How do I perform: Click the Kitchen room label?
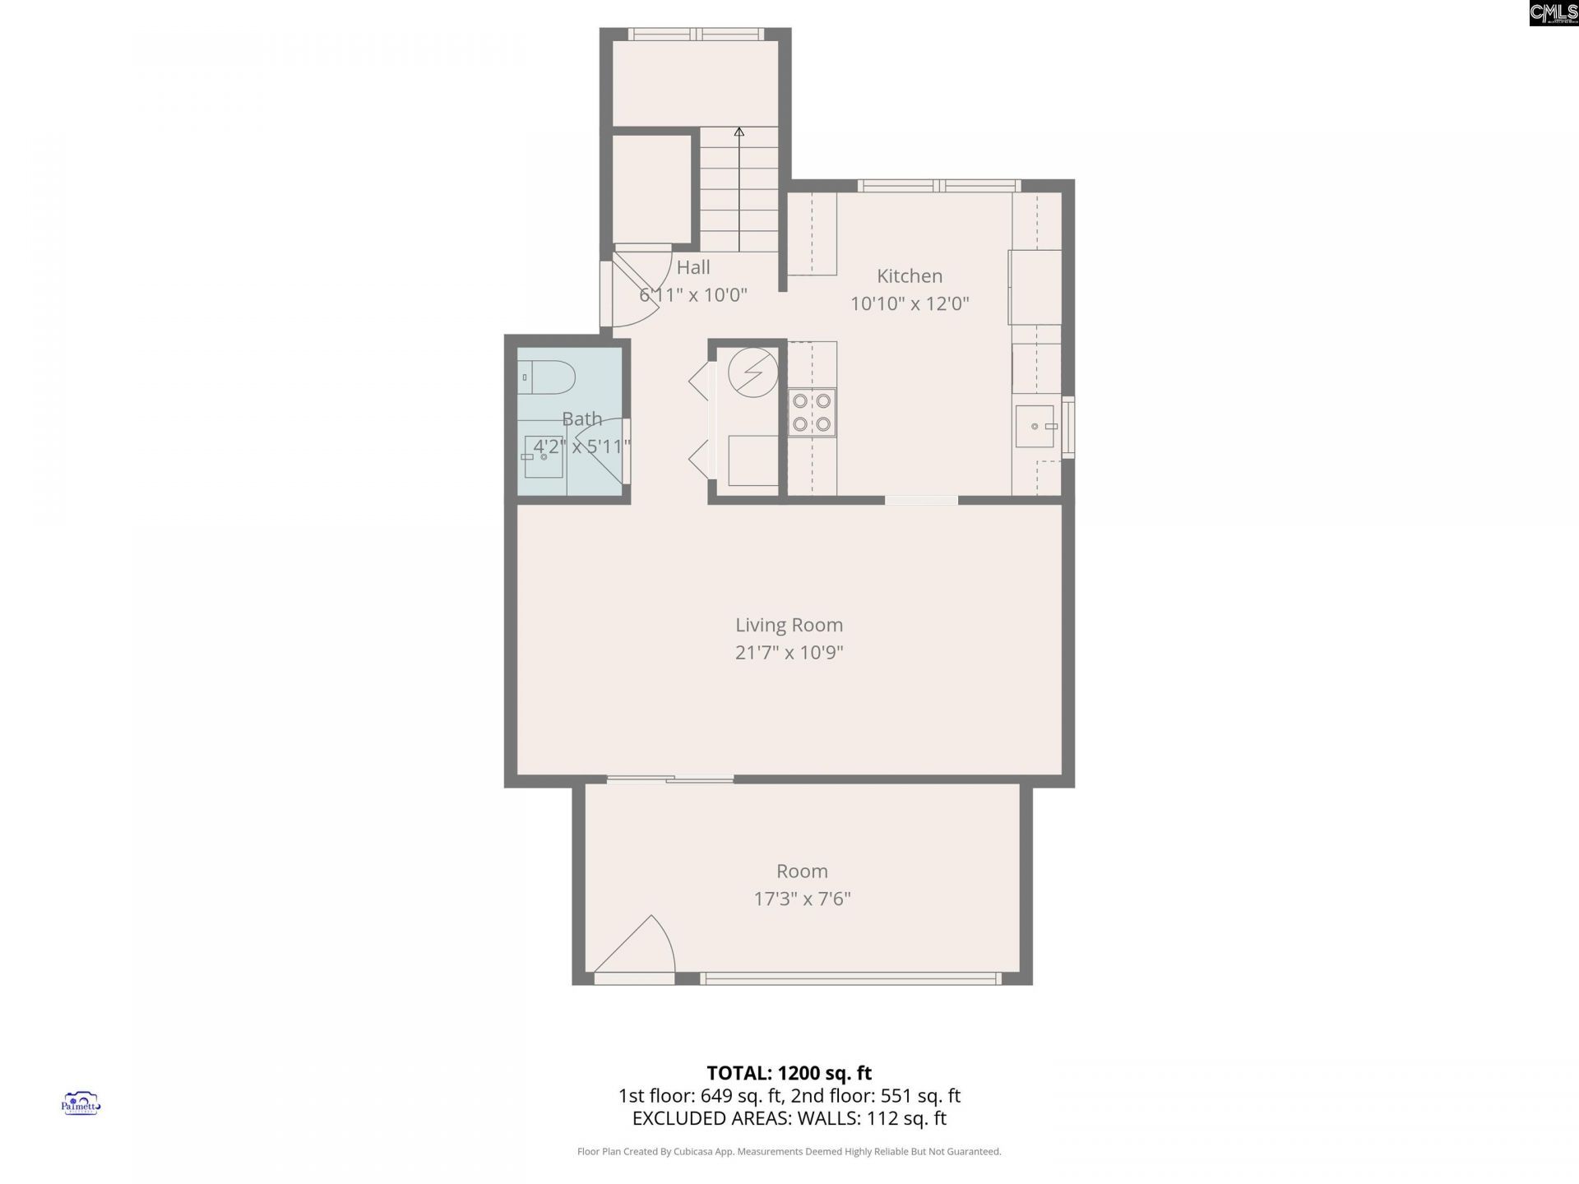point(909,276)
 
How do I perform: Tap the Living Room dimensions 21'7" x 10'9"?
point(789,653)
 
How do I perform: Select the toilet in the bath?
point(548,377)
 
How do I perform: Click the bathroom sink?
point(544,457)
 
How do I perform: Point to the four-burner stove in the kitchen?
point(812,413)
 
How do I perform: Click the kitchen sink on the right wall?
point(1035,426)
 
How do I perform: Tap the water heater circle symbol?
point(752,372)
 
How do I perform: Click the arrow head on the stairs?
point(739,132)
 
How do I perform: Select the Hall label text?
point(693,267)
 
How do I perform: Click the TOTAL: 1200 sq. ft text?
point(789,1073)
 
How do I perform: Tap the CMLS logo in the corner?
point(1553,13)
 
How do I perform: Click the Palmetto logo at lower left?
point(81,1103)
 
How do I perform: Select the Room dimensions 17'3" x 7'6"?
point(802,899)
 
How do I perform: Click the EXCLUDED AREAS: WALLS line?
point(789,1118)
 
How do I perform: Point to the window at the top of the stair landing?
point(697,34)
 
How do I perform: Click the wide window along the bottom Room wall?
point(850,978)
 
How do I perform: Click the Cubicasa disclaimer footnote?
point(789,1152)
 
